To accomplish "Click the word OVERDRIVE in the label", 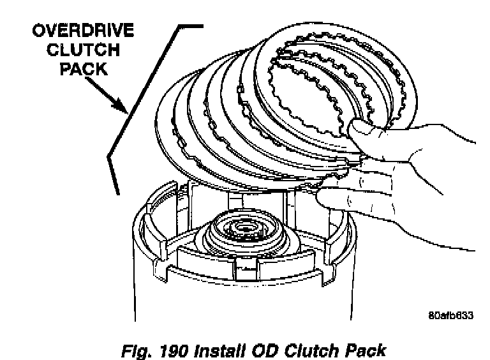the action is point(80,31).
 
